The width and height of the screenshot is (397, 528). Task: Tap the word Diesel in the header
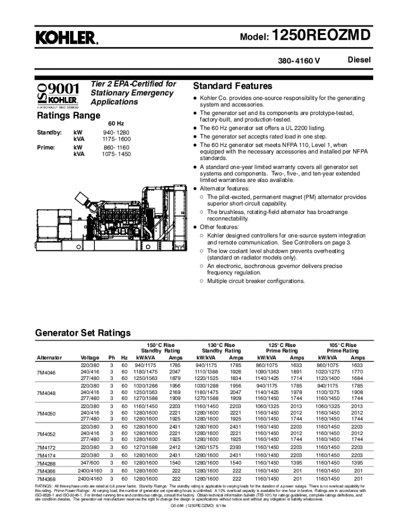[359, 60]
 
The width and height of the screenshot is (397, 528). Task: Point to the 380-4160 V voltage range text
[300, 61]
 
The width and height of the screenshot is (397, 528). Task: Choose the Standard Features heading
[232, 86]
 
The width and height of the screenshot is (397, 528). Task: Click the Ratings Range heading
[69, 115]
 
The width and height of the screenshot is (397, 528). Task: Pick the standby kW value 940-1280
[115, 133]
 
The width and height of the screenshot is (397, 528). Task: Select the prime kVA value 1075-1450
[115, 154]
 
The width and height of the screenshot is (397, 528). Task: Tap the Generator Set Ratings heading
[82, 333]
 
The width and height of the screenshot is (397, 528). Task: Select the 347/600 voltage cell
[90, 464]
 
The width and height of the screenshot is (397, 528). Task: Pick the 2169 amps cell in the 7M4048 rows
[175, 391]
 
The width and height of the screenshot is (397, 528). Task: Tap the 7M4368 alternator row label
[46, 478]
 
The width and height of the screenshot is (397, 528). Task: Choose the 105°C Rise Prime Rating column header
[343, 348]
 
